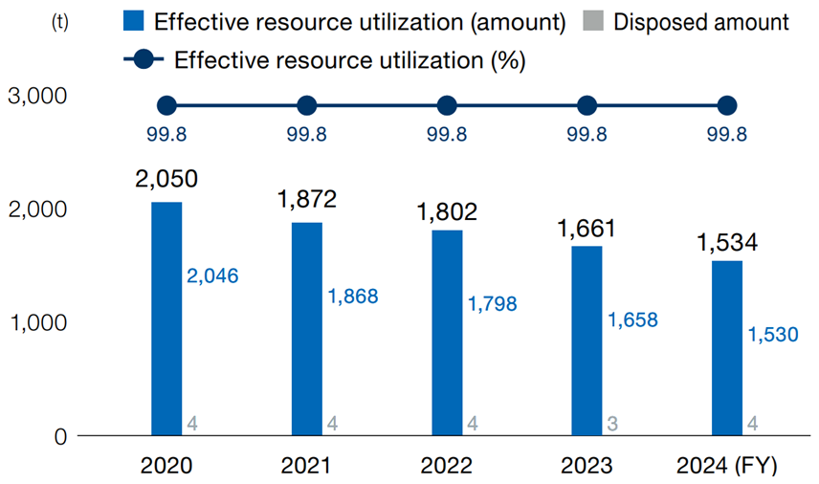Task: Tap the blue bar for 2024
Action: pos(727,348)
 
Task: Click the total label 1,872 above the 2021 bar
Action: pos(306,199)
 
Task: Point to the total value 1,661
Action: pos(587,229)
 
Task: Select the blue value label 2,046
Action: pos(212,276)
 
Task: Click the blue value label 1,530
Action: pos(773,335)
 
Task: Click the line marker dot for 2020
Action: pos(166,105)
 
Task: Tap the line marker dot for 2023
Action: pos(587,105)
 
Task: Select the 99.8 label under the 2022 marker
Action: pos(447,135)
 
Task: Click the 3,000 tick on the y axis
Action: pos(35,96)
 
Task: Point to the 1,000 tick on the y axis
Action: pos(35,322)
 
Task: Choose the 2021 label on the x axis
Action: pos(306,466)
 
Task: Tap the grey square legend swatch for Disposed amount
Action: pos(593,22)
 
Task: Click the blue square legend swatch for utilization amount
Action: pos(135,22)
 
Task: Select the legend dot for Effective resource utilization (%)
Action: pos(144,59)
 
